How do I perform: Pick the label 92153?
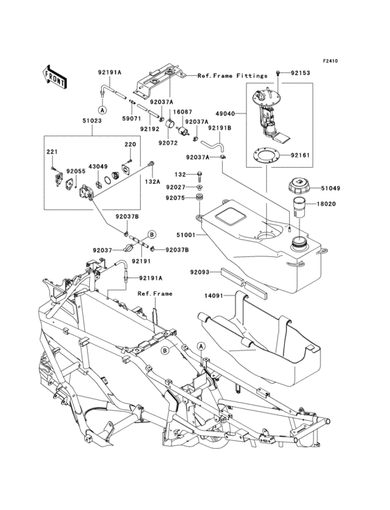coord(300,72)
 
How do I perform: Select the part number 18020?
coord(331,205)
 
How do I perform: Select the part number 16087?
coord(182,111)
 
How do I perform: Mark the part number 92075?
coord(175,198)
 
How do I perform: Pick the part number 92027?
coord(175,187)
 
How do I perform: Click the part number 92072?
coord(167,142)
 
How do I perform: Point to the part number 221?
coord(52,152)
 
